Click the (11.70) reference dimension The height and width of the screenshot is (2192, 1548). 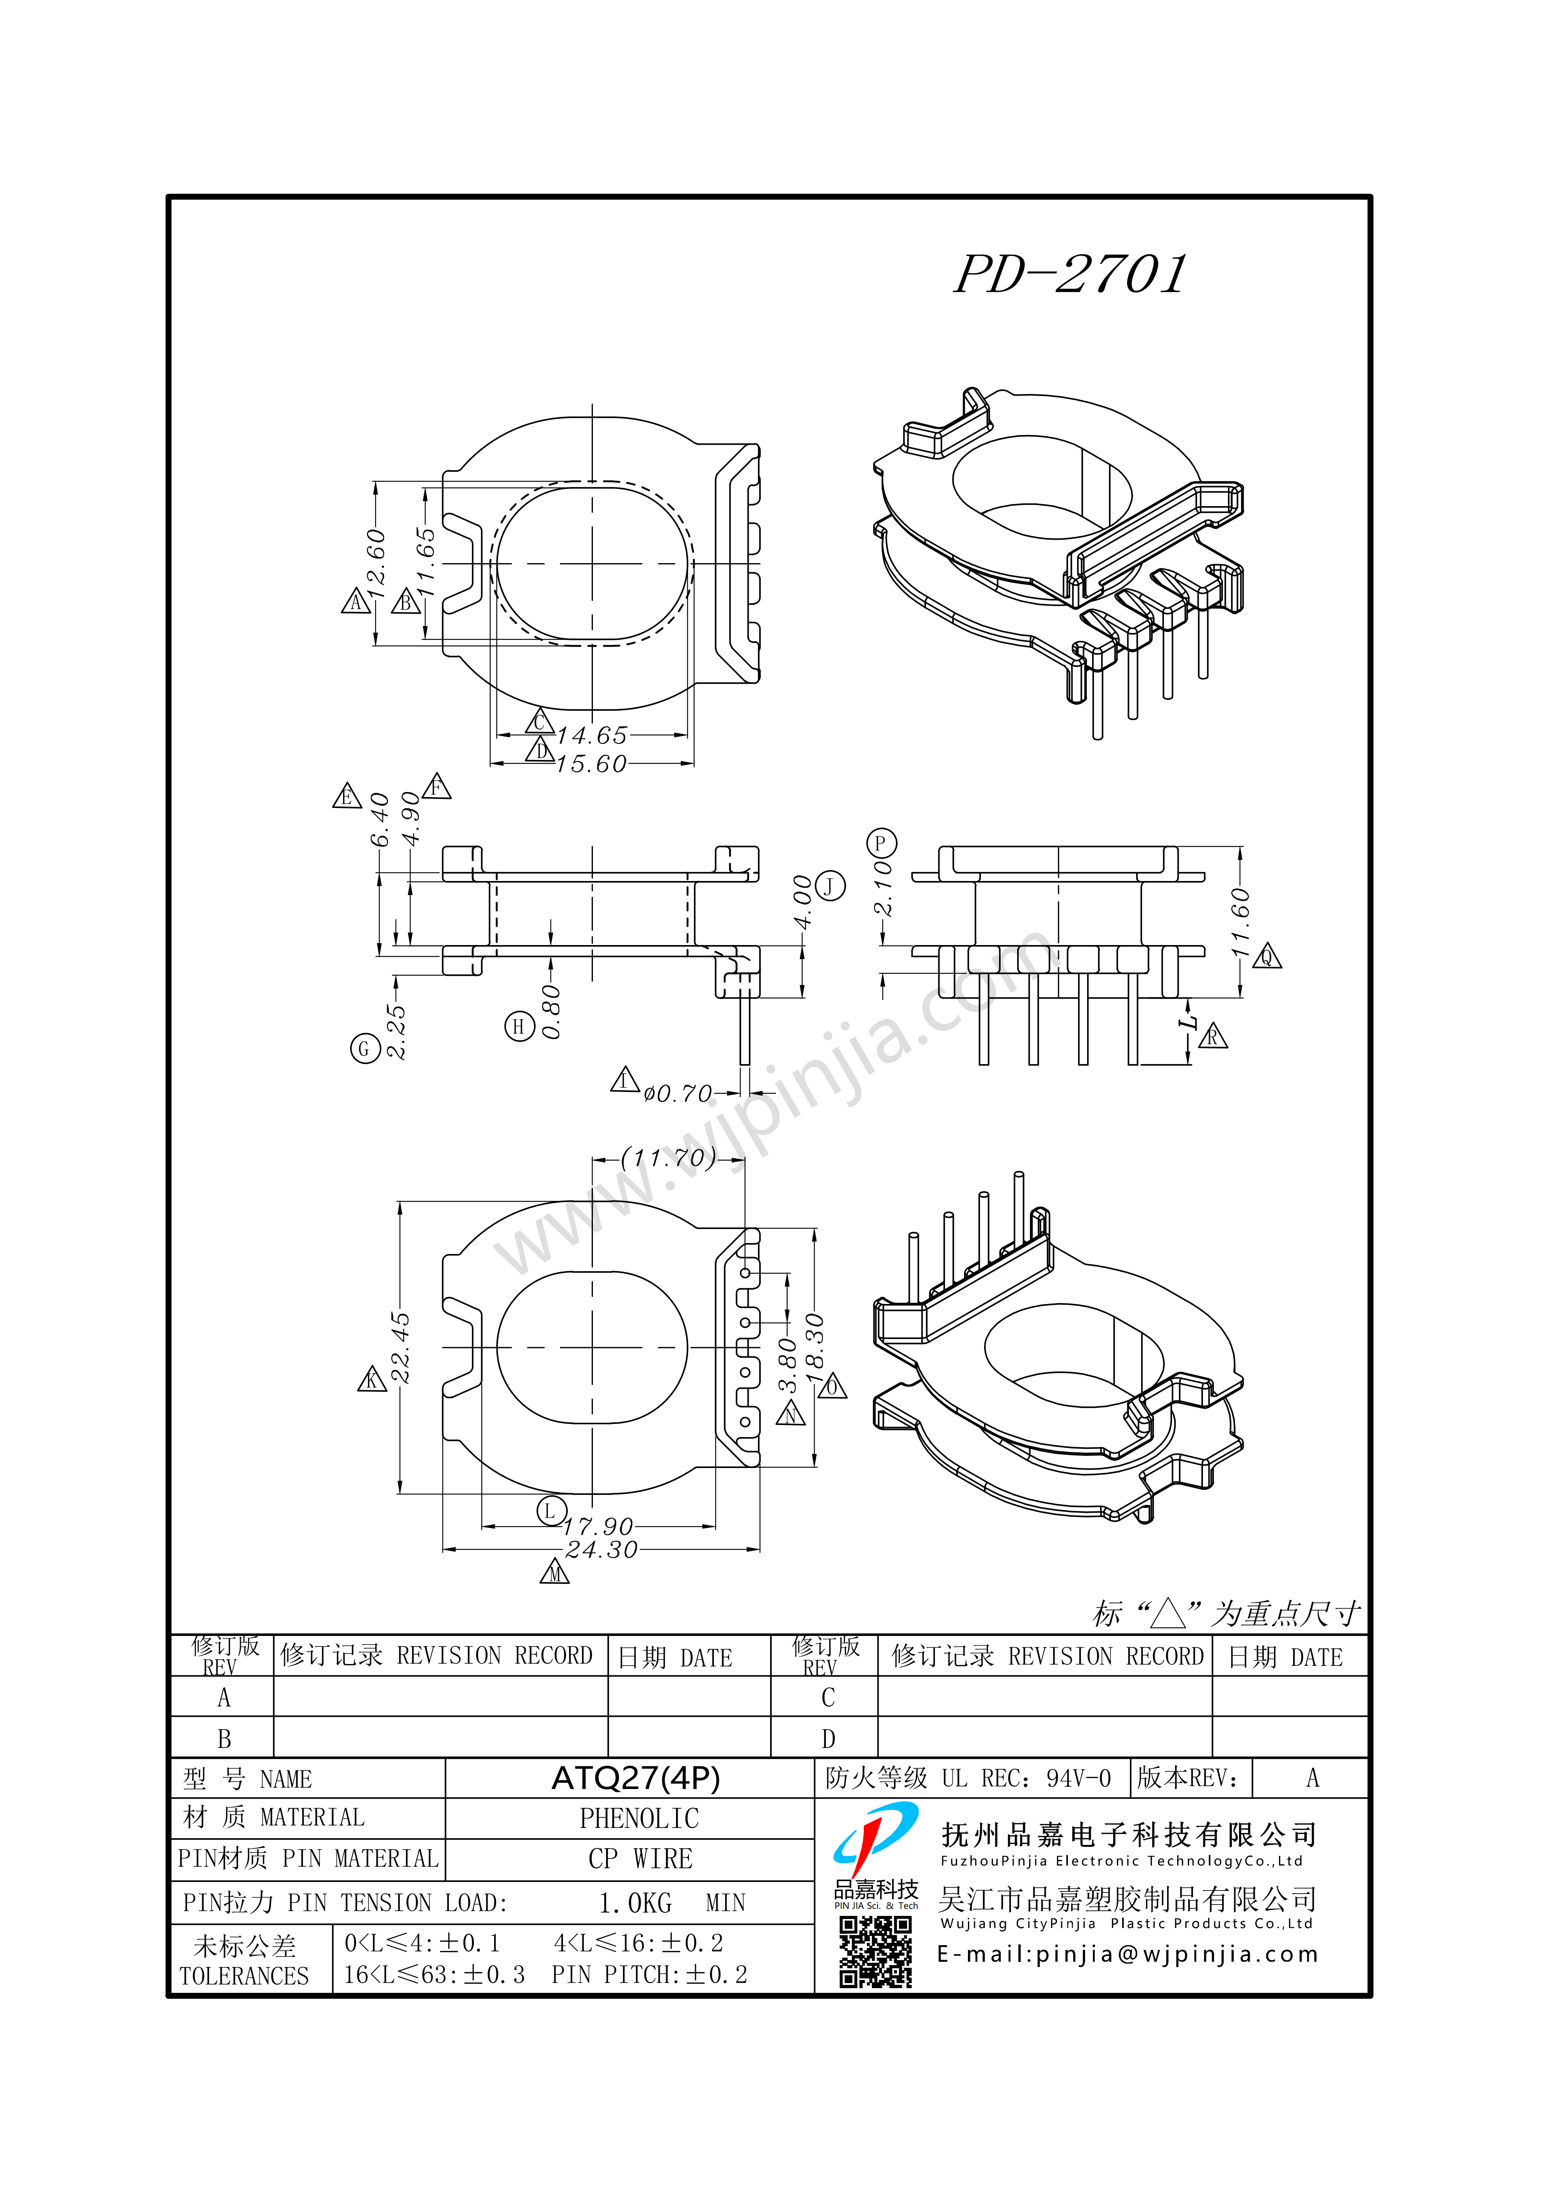(668, 1158)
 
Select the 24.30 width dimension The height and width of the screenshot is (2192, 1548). (601, 1550)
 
